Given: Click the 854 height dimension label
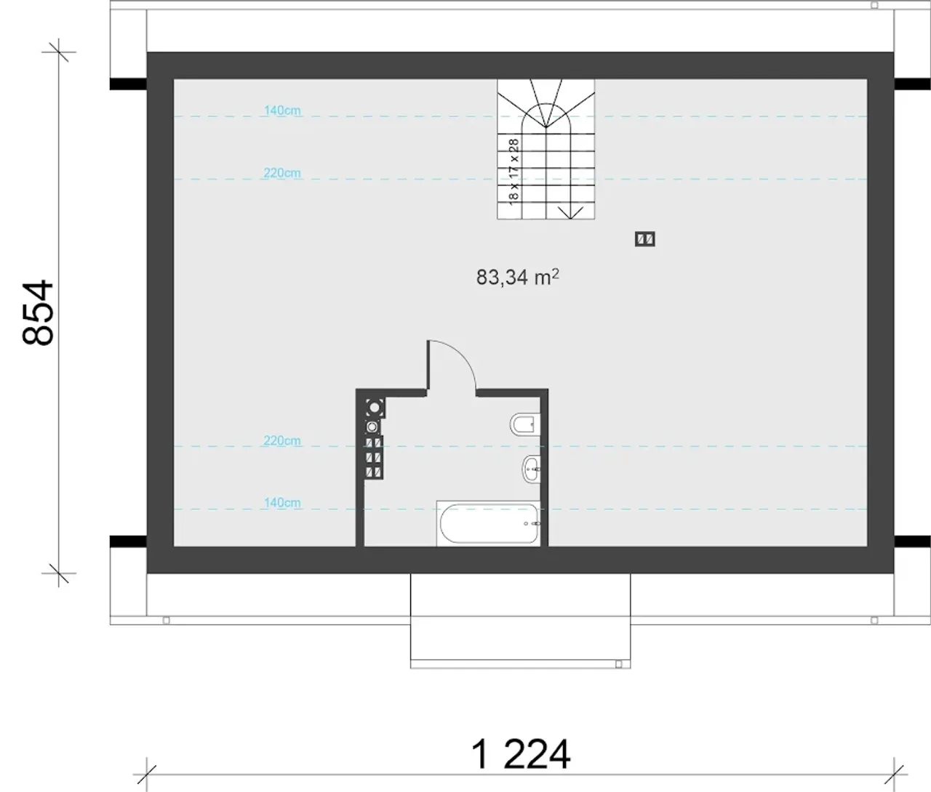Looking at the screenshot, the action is coord(39,312).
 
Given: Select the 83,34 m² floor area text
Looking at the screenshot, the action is coord(518,278).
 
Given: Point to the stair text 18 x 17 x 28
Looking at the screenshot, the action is coord(514,171).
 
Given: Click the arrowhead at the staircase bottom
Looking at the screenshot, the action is coord(570,212).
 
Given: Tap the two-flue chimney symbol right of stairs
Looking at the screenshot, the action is coord(645,239).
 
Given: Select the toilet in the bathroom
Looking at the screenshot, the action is coord(524,424).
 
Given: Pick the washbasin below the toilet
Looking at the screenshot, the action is coord(531,469).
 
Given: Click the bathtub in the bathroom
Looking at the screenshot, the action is coord(488,523).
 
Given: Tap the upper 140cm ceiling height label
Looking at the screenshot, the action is coord(282,110).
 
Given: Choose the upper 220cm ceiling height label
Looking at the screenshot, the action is coord(282,173).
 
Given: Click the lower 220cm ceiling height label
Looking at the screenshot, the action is coord(282,440).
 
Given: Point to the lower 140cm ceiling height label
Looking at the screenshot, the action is coord(282,503).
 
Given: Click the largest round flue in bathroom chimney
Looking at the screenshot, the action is coord(375,408).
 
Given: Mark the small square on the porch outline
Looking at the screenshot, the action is coord(618,664).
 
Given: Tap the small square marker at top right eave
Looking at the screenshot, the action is coord(875,5).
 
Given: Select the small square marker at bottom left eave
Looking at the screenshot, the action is coord(167,621).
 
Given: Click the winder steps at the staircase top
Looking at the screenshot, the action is coord(546,103).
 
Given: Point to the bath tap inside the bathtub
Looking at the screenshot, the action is coord(533,524).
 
